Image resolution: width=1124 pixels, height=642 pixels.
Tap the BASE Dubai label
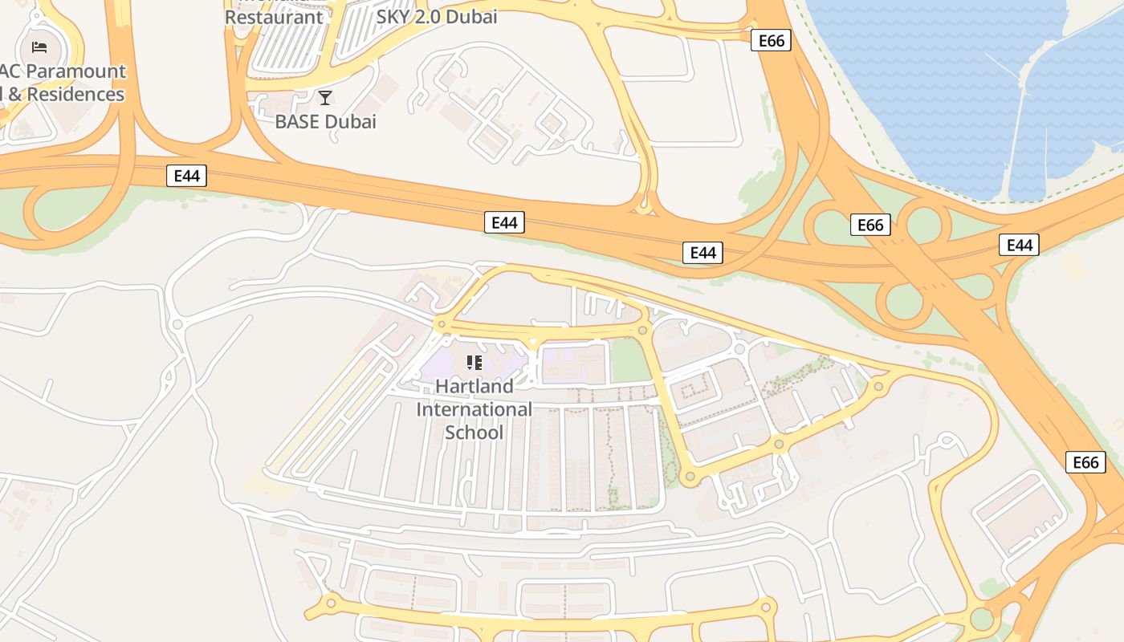pos(325,122)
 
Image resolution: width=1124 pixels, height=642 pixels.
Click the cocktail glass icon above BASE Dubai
pos(325,98)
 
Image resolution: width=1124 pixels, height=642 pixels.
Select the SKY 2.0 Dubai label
pos(437,16)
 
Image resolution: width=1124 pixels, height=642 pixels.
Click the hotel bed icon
pos(39,47)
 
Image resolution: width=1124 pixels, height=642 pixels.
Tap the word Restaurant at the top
pos(274,16)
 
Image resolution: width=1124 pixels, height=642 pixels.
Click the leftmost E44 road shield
pos(186,176)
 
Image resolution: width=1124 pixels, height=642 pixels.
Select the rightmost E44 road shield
pos(1019,245)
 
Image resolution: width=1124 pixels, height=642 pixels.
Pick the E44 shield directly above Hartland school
pos(504,222)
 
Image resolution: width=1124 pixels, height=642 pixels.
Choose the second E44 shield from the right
pos(702,253)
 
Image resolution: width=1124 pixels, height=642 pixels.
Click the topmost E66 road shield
pos(771,40)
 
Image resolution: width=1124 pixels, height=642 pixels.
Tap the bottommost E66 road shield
pos(1085,462)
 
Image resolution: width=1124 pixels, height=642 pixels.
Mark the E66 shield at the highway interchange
pos(870,225)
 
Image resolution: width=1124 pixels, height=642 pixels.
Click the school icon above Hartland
pos(474,363)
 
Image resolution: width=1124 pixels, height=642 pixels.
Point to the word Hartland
pos(474,386)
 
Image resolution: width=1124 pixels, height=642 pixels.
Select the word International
pos(474,409)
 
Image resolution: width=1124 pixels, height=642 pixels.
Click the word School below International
pos(474,433)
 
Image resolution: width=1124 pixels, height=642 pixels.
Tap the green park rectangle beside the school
pos(630,360)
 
